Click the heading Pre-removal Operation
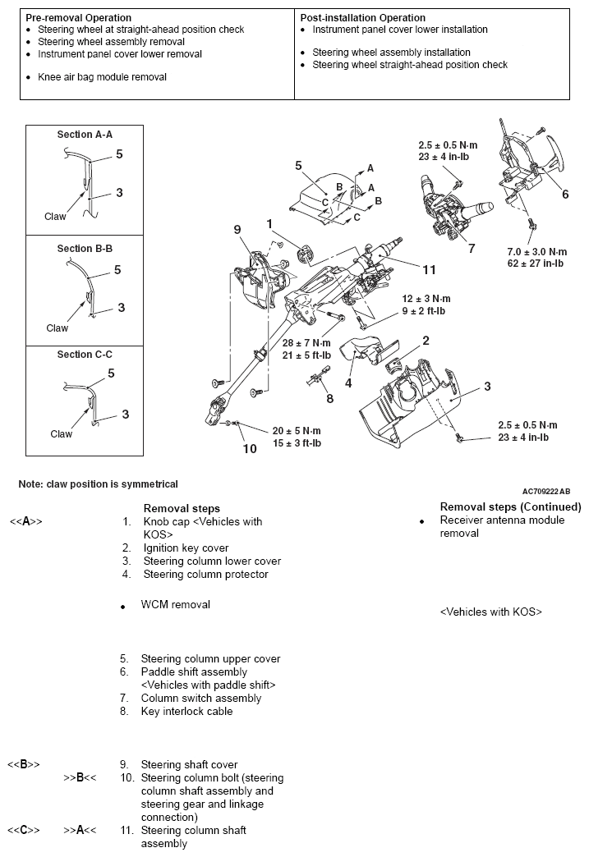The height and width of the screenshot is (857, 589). (x=78, y=17)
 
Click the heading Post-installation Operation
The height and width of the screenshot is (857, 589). (x=362, y=17)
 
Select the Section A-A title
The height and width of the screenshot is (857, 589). (x=85, y=135)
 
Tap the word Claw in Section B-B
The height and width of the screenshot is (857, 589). (x=58, y=328)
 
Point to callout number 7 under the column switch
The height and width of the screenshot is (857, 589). (x=471, y=248)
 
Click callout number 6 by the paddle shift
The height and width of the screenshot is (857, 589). (x=564, y=194)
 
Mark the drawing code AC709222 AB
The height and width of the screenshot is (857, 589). (x=545, y=489)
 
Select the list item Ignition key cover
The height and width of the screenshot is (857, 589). (x=186, y=548)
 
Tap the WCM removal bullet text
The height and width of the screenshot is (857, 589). (x=175, y=605)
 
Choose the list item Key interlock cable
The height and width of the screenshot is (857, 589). (x=186, y=711)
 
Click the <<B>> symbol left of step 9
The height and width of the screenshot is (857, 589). (x=24, y=764)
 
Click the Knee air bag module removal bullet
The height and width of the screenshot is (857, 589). (x=102, y=77)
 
